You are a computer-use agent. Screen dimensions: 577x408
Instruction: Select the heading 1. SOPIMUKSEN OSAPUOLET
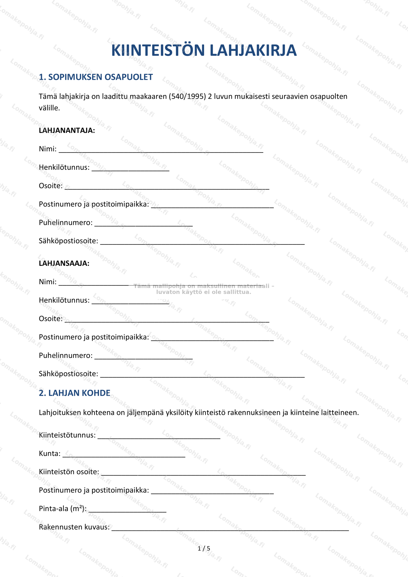pos(96,77)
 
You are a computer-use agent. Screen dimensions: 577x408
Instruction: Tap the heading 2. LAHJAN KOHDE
pos(74,393)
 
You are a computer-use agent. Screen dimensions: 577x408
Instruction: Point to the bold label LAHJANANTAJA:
pos(67,131)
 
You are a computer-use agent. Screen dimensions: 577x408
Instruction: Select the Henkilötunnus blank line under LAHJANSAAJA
pos(130,302)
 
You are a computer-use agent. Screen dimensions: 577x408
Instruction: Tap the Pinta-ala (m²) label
pos(63,508)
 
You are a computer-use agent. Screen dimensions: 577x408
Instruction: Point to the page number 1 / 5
pos(204,548)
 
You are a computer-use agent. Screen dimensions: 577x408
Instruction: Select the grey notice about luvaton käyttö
pos(203,289)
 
